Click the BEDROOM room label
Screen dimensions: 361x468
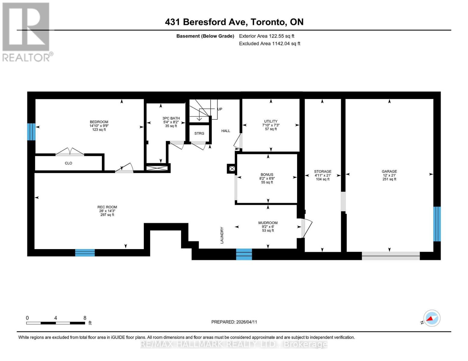pyautogui.click(x=99, y=122)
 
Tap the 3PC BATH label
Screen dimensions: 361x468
pyautogui.click(x=171, y=118)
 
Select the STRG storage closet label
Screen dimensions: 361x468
pyautogui.click(x=199, y=133)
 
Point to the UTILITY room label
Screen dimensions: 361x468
pyautogui.click(x=271, y=121)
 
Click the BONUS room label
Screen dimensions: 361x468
pyautogui.click(x=267, y=174)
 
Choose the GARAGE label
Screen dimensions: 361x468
pyautogui.click(x=389, y=171)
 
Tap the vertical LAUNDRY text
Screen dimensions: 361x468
pyautogui.click(x=222, y=235)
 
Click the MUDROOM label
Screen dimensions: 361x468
pyautogui.click(x=268, y=223)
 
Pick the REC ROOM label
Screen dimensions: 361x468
pyautogui.click(x=107, y=207)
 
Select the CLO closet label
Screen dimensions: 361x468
pyautogui.click(x=68, y=163)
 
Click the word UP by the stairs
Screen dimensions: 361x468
pyautogui.click(x=220, y=109)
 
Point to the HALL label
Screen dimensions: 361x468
pyautogui.click(x=226, y=131)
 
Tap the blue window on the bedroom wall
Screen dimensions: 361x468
pyautogui.click(x=31, y=132)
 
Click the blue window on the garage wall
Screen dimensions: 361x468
pyautogui.click(x=437, y=224)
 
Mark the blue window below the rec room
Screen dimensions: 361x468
pyautogui.click(x=85, y=252)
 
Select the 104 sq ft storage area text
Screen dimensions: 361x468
pyautogui.click(x=322, y=179)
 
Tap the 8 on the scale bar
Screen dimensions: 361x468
pyautogui.click(x=85, y=318)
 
